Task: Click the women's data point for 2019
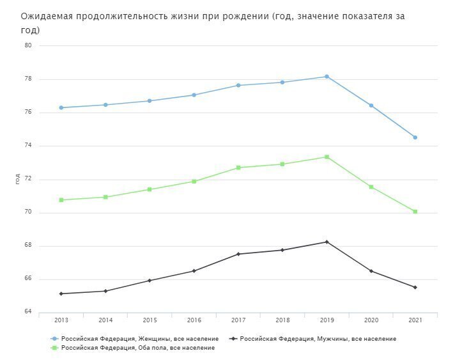(x=326, y=77)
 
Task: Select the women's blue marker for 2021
(x=415, y=137)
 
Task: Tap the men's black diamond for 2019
(x=326, y=242)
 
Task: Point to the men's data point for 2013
(x=61, y=293)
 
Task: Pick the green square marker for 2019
(x=326, y=157)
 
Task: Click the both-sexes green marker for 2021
(x=415, y=212)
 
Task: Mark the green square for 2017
(x=238, y=168)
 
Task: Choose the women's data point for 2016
(x=194, y=95)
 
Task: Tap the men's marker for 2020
(x=371, y=271)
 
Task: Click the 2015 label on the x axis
(x=150, y=320)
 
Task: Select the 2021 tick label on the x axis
(x=415, y=320)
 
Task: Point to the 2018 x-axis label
(x=282, y=320)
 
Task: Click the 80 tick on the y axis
(x=28, y=46)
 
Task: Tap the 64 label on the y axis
(x=28, y=312)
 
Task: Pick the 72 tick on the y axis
(x=28, y=179)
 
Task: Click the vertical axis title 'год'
(x=17, y=179)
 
